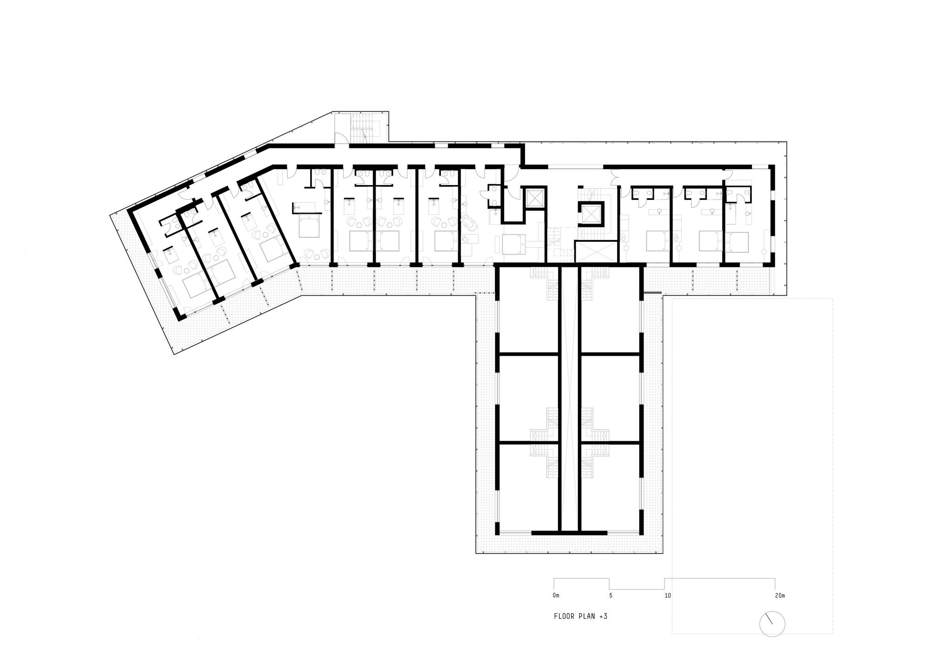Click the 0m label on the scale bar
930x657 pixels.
tap(556, 595)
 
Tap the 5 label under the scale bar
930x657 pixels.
tap(611, 595)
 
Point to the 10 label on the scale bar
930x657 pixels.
tap(668, 595)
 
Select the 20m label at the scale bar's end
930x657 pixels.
tap(779, 595)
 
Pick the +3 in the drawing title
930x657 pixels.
tap(604, 617)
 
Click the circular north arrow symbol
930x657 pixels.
tap(772, 623)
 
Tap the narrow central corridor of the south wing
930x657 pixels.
tap(569, 398)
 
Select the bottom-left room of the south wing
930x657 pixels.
tap(529, 486)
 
